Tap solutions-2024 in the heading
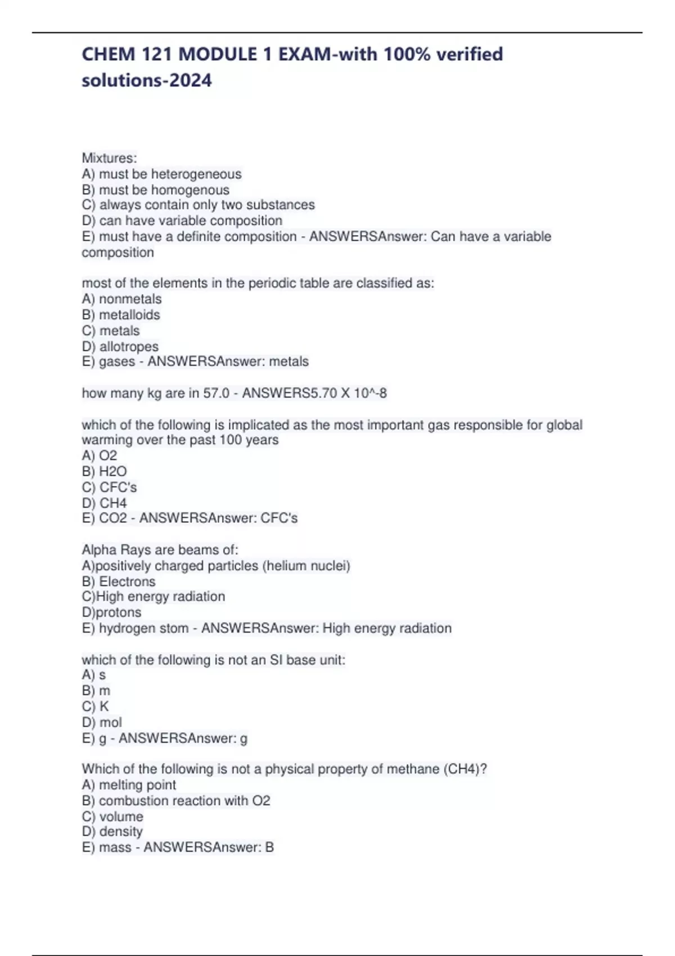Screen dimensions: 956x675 (147, 80)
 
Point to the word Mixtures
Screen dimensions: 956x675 (109, 158)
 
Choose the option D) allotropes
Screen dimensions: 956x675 (120, 346)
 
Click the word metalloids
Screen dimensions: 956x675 (129, 315)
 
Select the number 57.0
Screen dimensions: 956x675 (217, 393)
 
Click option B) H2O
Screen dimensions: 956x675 (105, 471)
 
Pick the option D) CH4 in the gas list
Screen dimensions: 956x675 (105, 503)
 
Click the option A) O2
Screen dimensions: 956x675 (100, 456)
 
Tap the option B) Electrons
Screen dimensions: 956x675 (119, 581)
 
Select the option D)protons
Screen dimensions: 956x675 (111, 612)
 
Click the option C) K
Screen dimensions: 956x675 (96, 706)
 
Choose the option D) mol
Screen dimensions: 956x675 (102, 722)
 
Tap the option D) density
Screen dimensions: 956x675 (112, 832)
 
